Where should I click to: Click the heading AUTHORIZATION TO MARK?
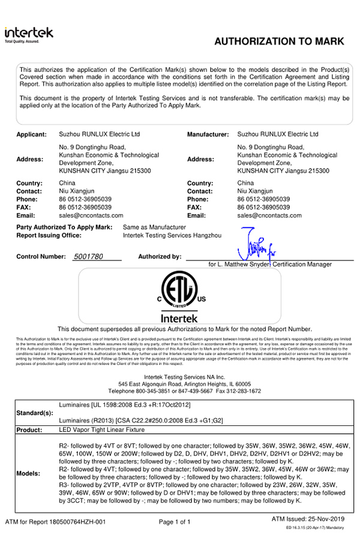(x=279, y=41)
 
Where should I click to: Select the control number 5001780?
(x=88, y=256)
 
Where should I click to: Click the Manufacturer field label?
(x=208, y=134)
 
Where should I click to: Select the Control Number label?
(x=41, y=256)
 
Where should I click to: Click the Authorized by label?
(x=160, y=256)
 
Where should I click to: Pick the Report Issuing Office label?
(x=49, y=236)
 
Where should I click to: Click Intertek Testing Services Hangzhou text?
(x=172, y=236)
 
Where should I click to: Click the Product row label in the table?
(x=30, y=430)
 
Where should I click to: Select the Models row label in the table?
(x=29, y=473)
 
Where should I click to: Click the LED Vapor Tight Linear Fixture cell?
(x=102, y=430)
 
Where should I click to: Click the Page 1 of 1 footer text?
(x=175, y=522)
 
